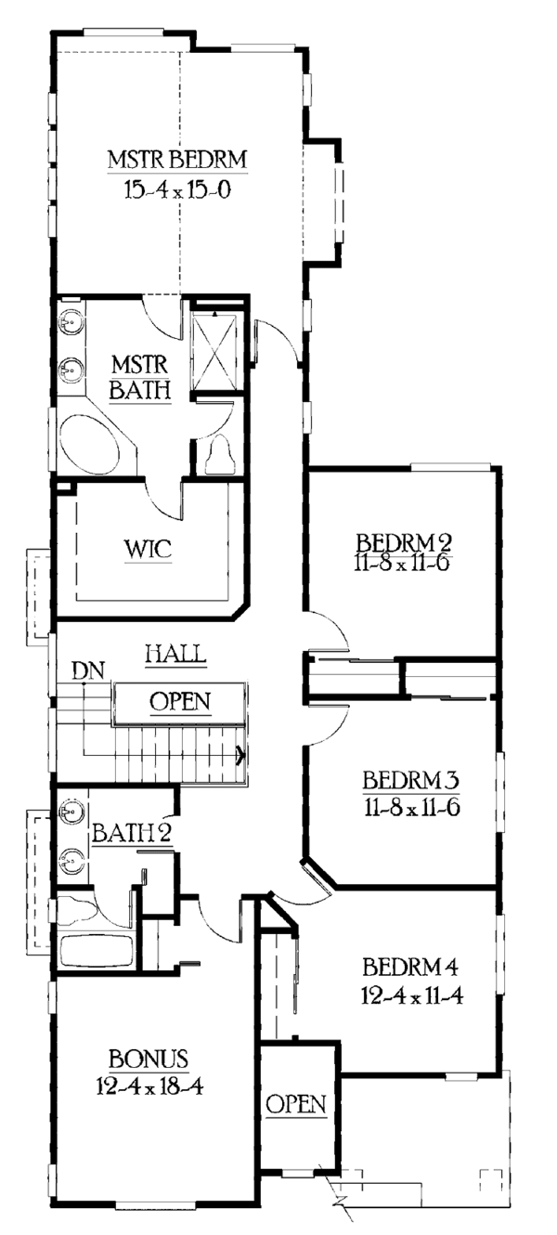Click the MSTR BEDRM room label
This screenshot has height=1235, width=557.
(x=177, y=158)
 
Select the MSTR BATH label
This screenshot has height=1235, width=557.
(x=139, y=376)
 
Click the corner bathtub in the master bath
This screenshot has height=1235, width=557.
(x=91, y=445)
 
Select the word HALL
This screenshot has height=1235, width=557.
(x=175, y=654)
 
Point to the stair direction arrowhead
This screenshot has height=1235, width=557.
(x=241, y=755)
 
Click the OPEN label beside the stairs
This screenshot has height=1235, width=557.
(x=180, y=701)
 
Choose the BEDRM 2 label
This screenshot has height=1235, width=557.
(x=403, y=541)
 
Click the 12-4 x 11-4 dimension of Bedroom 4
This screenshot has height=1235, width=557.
(x=413, y=996)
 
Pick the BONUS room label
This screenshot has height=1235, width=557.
(x=149, y=1058)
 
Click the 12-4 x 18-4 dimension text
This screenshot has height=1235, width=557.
(x=149, y=1085)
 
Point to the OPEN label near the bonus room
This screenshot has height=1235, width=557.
(x=296, y=1104)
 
